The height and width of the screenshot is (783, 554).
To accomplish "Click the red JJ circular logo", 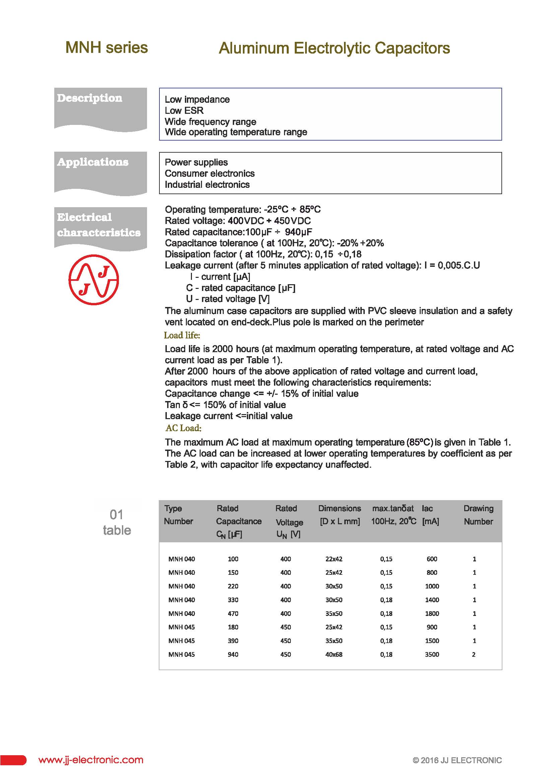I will pos(93,280).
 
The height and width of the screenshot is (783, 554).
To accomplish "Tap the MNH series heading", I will pos(107,48).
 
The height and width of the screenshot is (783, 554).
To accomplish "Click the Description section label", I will pos(89,98).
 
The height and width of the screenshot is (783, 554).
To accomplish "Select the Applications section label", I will pos(92,162).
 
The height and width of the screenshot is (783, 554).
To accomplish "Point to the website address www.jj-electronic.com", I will pos(91,760).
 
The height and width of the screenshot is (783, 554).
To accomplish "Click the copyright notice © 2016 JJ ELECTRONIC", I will pos(457,760).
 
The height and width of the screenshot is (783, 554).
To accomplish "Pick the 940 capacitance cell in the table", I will pos(233,654).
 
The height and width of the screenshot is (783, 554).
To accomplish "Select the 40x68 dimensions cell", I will pos(334,654).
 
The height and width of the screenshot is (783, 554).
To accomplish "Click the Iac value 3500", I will pos(432,654).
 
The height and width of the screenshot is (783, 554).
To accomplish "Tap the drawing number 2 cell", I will pos(474,654).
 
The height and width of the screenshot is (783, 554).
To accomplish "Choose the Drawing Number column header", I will pos(478,515).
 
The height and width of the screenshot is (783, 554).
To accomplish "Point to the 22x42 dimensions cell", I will pos(334,559).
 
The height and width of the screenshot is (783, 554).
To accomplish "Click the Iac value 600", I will pos(432,559).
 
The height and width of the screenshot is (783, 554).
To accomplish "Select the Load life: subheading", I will pos(182,335).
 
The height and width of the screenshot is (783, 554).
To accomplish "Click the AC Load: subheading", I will pos(184,428).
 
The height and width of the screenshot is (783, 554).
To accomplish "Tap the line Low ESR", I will pos(184,110).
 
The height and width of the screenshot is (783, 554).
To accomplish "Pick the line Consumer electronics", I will pos(209,173).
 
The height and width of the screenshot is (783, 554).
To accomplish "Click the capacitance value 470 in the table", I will pos(233,614).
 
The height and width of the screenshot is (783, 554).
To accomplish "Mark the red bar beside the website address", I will pos(13,760).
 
